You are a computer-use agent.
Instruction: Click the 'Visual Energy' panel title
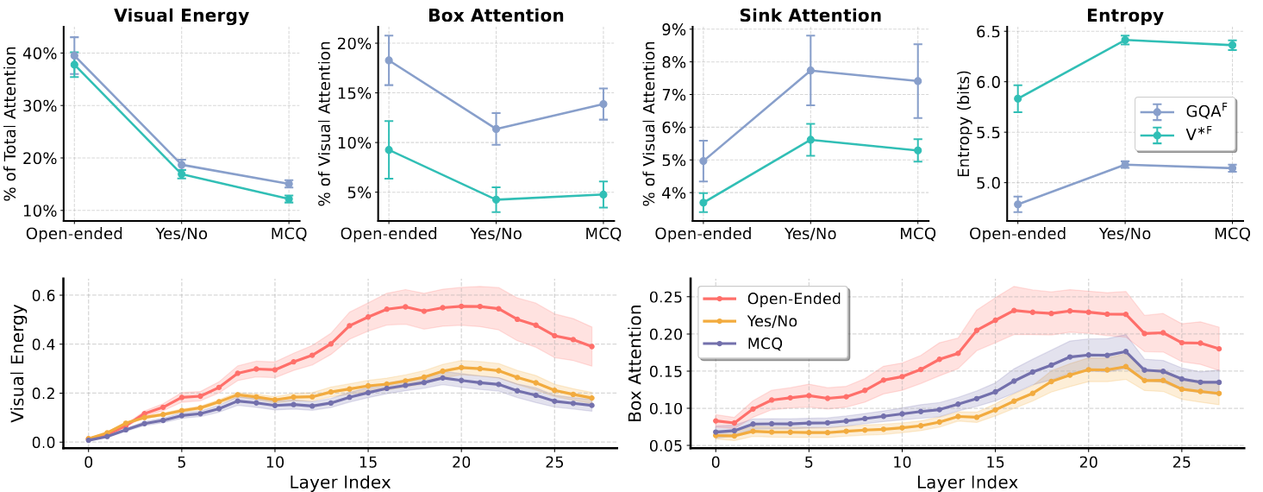[x=181, y=16]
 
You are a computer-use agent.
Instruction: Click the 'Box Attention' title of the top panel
[x=496, y=16]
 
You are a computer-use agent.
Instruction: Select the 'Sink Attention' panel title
[x=810, y=16]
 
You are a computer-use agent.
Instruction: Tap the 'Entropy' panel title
[x=1125, y=16]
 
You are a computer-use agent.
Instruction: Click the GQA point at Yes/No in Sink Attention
[x=810, y=71]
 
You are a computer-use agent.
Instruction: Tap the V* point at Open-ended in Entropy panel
[x=1017, y=98]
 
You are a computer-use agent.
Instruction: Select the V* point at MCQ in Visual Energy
[x=289, y=199]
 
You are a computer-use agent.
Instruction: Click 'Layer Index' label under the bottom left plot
[x=341, y=481]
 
